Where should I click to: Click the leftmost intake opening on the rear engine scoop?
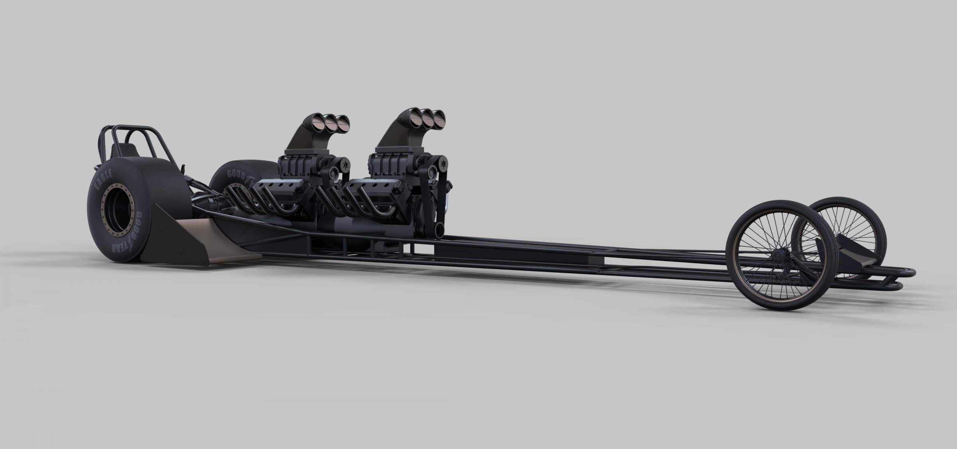pos(320,121)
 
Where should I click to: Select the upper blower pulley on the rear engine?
pos(344,163)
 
